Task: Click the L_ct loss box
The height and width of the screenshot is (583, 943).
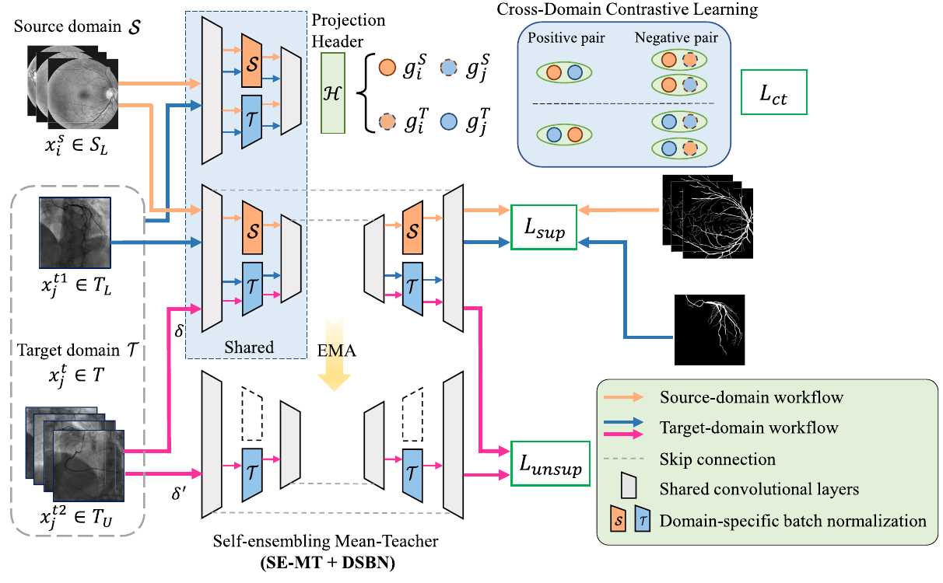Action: tap(774, 93)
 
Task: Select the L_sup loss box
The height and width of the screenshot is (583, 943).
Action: tap(543, 228)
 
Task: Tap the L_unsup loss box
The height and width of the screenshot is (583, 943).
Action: tap(550, 464)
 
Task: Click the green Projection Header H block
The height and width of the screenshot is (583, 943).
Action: tap(332, 93)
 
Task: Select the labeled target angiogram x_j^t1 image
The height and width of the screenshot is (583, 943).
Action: tap(75, 232)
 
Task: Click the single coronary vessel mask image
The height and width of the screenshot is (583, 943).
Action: tap(710, 330)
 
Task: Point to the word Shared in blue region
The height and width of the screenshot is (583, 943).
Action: tap(249, 347)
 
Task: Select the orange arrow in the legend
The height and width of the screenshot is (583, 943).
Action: tap(626, 397)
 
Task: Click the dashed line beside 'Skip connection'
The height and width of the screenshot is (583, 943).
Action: tap(626, 459)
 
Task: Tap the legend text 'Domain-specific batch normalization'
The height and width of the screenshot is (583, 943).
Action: tap(793, 520)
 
